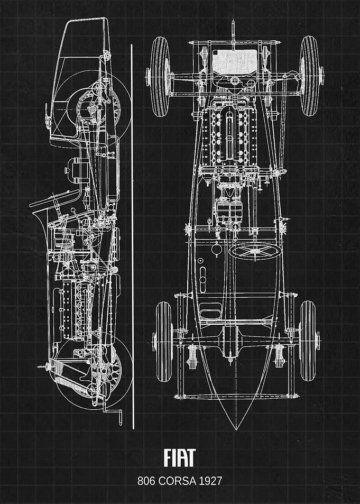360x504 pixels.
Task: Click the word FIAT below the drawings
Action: click(x=180, y=457)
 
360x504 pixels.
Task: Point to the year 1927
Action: click(x=210, y=481)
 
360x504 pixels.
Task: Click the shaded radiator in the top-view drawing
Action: click(x=235, y=61)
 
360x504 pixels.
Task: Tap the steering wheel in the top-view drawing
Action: click(x=254, y=252)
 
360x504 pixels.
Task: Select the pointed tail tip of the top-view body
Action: click(x=236, y=429)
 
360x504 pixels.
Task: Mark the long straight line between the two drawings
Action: click(x=132, y=236)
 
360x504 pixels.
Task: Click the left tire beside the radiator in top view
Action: click(x=160, y=77)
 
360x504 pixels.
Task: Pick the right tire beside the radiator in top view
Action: click(x=309, y=76)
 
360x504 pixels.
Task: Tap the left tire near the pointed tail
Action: click(x=164, y=341)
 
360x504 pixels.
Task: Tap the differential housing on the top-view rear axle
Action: click(x=230, y=341)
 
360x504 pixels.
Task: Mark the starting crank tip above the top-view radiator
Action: click(x=233, y=23)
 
